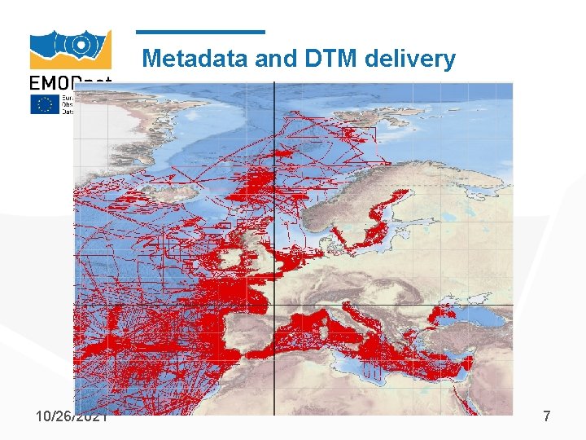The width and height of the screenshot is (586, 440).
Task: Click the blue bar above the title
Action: click(200, 33)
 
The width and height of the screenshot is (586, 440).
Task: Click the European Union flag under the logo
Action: click(45, 104)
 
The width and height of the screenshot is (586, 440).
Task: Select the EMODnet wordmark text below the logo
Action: click(68, 82)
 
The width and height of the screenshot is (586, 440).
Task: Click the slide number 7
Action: click(546, 416)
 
